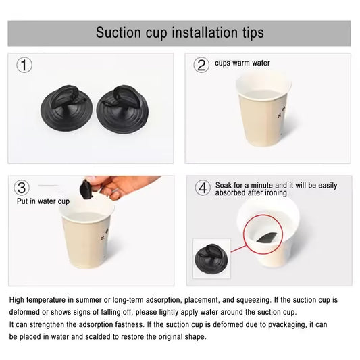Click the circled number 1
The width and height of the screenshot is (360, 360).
[25, 66]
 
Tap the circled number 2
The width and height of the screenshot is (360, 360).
[201, 66]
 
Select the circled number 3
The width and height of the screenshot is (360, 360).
[22, 188]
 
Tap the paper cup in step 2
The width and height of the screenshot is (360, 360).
[263, 108]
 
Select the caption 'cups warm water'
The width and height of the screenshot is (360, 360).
[242, 63]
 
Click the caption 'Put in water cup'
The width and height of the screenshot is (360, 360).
[43, 201]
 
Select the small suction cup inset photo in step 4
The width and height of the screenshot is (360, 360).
[211, 258]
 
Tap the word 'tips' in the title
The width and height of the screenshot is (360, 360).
[250, 32]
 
